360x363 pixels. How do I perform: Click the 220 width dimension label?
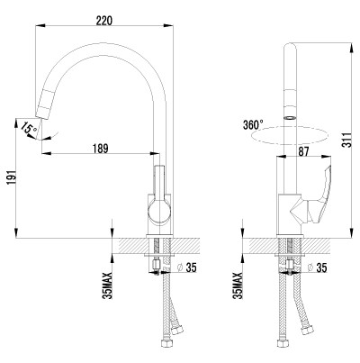(x=104, y=20)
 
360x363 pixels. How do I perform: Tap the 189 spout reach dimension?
(x=101, y=149)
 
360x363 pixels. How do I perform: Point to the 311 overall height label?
(x=347, y=140)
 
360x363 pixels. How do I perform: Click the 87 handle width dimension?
(x=303, y=151)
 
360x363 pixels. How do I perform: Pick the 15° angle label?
(x=29, y=129)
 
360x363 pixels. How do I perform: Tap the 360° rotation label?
(x=253, y=124)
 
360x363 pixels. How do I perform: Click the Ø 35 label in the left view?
(x=187, y=268)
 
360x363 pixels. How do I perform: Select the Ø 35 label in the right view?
(x=318, y=268)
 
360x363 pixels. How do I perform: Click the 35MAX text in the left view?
(x=108, y=286)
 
